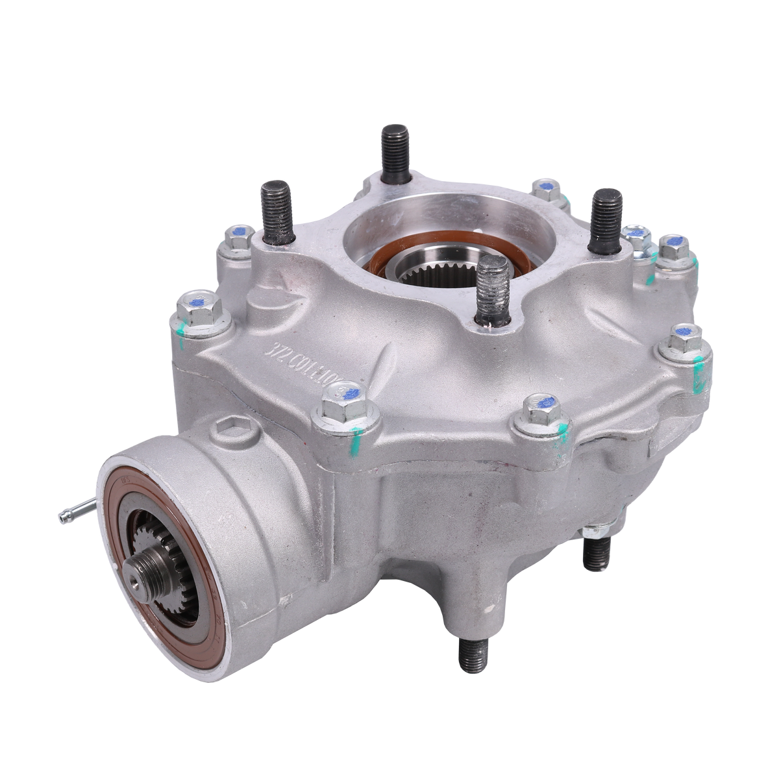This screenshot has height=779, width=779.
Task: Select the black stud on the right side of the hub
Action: pyautogui.click(x=606, y=215)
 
